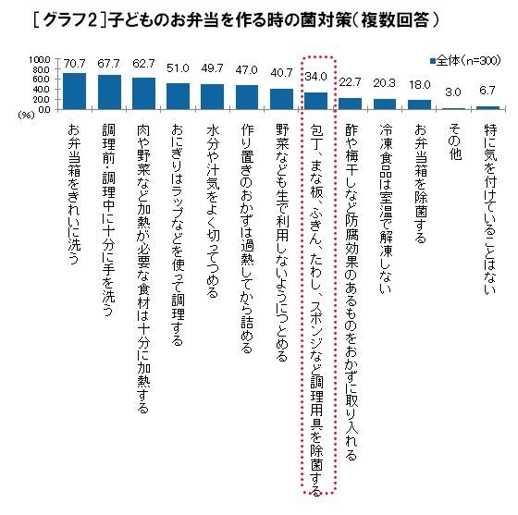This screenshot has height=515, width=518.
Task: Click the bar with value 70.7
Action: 74,92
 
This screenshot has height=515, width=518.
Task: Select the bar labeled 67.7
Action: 109,92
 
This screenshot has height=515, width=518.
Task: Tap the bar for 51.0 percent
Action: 178,96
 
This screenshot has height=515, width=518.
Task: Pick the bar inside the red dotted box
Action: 316,101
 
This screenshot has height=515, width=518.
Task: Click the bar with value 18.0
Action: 420,104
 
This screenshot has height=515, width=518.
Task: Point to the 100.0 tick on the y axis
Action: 39,61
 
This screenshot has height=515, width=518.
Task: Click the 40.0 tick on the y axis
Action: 41,91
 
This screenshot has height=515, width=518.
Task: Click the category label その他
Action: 454,141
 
